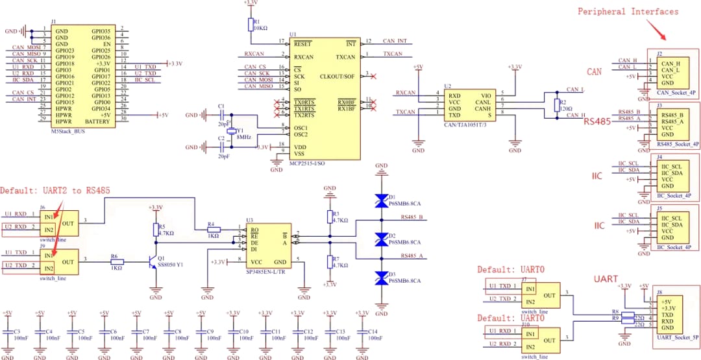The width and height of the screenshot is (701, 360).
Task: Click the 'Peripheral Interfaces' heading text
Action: (628, 11)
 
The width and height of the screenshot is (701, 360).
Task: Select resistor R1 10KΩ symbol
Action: (249, 25)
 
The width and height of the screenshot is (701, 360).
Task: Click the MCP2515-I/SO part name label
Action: (308, 163)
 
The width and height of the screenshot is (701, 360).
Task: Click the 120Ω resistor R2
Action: (555, 105)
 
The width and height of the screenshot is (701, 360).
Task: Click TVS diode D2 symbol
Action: (382, 239)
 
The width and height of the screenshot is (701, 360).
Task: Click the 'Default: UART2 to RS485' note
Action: (55, 191)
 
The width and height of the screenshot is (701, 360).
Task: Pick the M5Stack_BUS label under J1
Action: (68, 131)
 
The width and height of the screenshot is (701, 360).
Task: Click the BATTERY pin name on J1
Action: (97, 122)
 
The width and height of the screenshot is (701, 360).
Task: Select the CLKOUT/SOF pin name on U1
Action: (338, 77)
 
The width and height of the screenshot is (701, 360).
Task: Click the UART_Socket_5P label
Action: (678, 337)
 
